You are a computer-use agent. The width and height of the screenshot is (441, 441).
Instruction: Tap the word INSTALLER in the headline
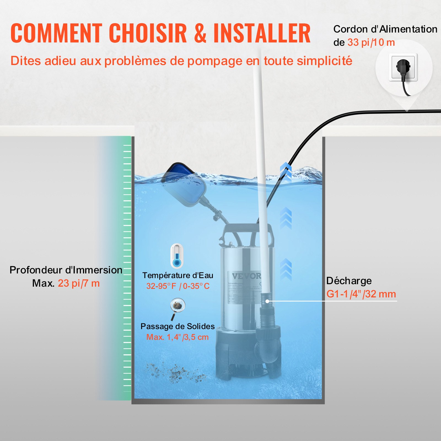(262, 33)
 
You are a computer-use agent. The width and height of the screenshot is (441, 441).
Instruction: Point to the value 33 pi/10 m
(371, 43)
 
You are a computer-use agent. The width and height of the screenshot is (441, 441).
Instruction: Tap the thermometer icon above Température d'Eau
(177, 256)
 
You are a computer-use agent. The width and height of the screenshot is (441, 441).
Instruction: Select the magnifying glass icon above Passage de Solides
(177, 308)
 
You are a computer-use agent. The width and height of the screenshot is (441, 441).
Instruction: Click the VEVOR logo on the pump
(246, 276)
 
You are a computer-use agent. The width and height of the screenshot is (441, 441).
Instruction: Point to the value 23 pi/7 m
(79, 284)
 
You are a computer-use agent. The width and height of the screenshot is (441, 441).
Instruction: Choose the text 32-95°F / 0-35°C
(178, 286)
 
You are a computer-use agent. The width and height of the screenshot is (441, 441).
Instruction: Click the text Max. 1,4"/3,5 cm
(178, 337)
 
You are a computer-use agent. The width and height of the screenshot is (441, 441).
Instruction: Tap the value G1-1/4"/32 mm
(361, 294)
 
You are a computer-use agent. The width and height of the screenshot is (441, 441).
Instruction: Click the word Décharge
(349, 281)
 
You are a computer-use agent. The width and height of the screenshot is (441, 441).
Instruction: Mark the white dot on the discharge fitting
(267, 301)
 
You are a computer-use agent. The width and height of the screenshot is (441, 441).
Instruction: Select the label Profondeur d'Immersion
(66, 270)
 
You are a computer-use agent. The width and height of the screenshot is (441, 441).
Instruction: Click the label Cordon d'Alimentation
(385, 29)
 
